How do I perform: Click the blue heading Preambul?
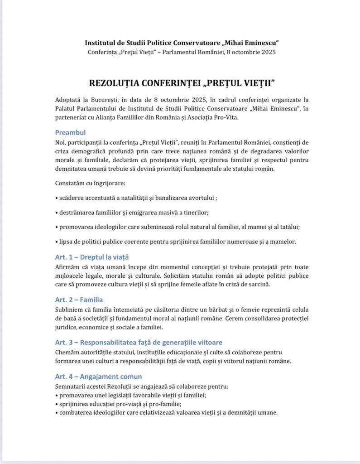pyautogui.click(x=70, y=133)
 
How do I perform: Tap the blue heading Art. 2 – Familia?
pyautogui.click(x=79, y=300)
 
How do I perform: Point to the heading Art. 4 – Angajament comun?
pyautogui.click(x=98, y=377)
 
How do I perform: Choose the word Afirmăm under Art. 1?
pyautogui.click(x=67, y=267)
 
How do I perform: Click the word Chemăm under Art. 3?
pyautogui.click(x=67, y=352)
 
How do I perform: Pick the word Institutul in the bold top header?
pyautogui.click(x=101, y=43)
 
